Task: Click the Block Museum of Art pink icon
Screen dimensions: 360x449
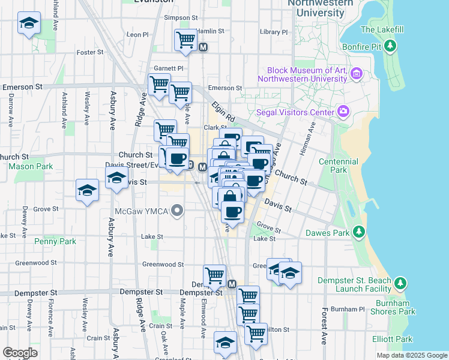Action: [357, 74]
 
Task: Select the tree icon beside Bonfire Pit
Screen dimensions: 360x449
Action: [391, 46]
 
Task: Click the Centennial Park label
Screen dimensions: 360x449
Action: [339, 166]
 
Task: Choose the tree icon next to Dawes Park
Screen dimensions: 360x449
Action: [359, 232]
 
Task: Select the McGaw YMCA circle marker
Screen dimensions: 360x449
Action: [176, 211]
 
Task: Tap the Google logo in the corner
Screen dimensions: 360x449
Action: [20, 352]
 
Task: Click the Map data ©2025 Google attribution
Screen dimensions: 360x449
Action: [412, 355]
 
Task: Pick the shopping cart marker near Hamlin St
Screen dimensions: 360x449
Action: [185, 41]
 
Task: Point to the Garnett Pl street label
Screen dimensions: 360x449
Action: [169, 68]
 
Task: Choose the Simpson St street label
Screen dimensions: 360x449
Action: [181, 19]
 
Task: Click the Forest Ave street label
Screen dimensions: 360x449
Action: [324, 326]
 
